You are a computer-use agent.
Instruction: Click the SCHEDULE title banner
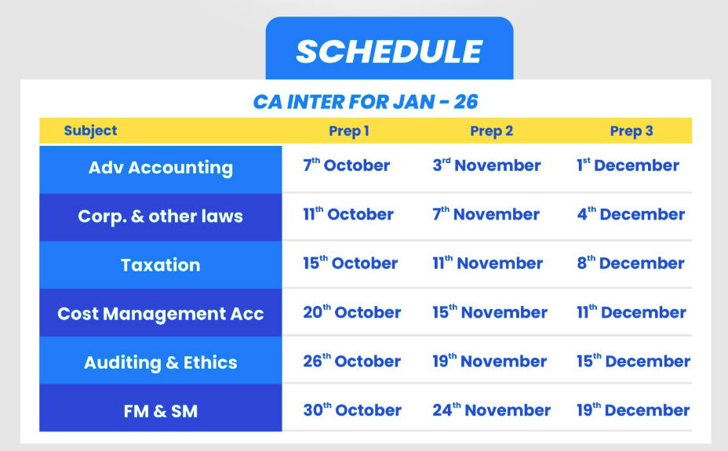(389, 49)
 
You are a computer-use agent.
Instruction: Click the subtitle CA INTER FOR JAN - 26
(366, 102)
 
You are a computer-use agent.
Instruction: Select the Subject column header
(90, 131)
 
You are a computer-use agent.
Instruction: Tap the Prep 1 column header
(348, 131)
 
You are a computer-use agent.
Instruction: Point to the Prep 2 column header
(491, 131)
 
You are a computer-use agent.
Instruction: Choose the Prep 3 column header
(632, 131)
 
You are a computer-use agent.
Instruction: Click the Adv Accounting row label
(161, 168)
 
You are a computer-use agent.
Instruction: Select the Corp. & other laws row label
(161, 216)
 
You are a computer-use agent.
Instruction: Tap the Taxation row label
(161, 265)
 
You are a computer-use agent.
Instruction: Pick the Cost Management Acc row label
(161, 314)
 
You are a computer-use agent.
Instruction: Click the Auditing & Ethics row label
(161, 362)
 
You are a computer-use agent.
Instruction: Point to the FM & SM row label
(161, 411)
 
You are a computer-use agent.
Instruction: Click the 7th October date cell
(347, 165)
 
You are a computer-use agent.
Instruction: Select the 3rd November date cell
(486, 165)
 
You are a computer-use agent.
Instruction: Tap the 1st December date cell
(628, 165)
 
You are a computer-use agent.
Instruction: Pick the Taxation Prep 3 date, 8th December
(631, 263)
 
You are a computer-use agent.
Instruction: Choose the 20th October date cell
(352, 312)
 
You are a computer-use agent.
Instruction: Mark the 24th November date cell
(491, 409)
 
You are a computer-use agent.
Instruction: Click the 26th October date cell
(352, 361)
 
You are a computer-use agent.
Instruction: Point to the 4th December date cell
(631, 214)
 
